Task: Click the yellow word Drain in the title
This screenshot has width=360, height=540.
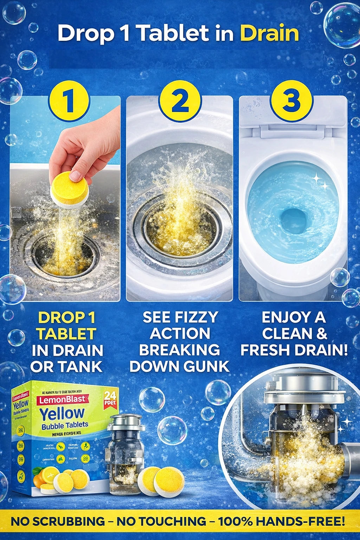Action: pos(269,34)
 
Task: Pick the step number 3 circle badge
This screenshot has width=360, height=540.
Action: pos(291,101)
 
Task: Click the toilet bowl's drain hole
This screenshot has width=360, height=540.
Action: pos(294,220)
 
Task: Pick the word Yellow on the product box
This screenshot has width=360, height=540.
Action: pos(62,414)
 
